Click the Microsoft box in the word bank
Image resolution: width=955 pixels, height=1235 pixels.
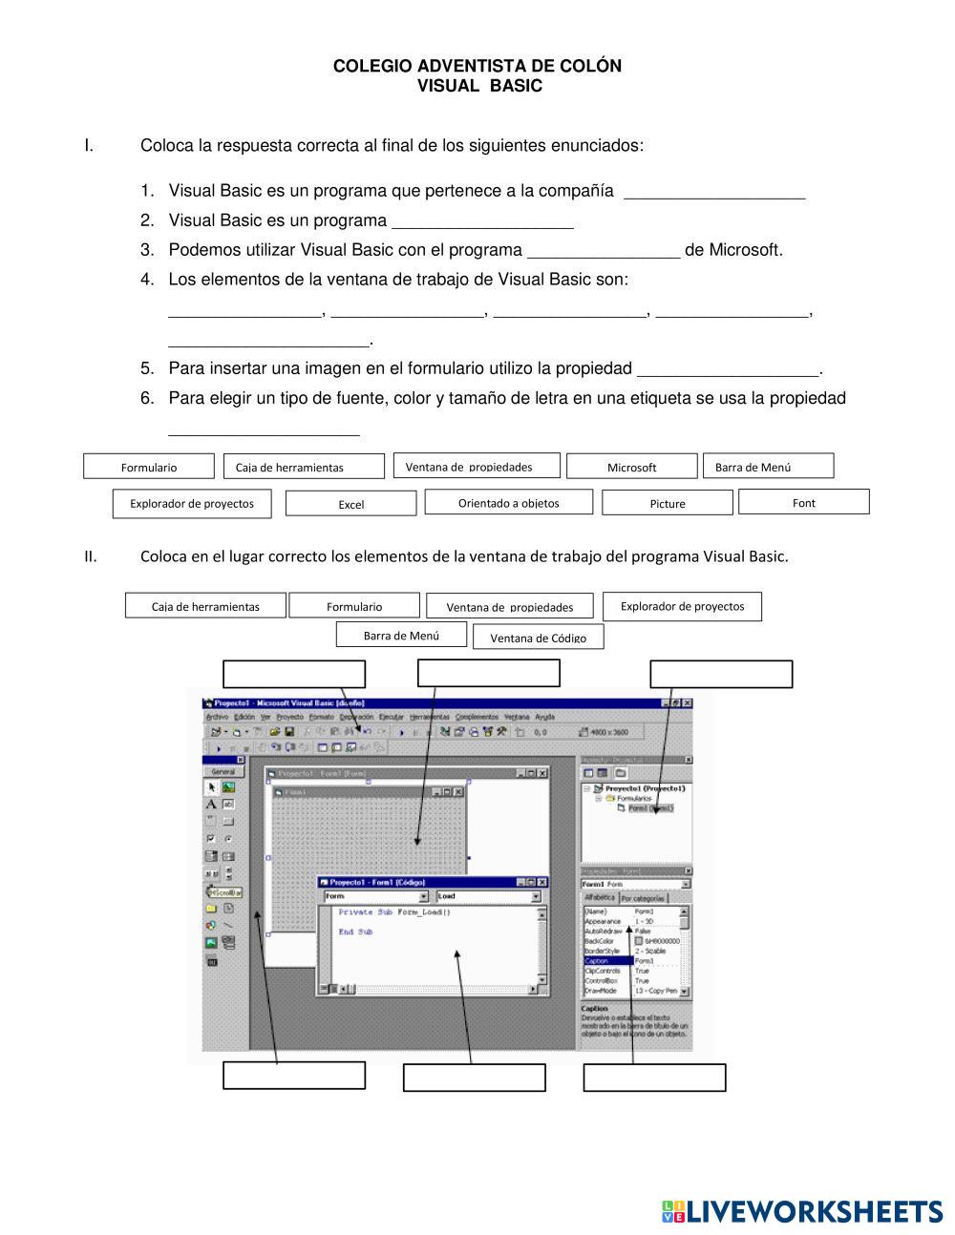(x=631, y=466)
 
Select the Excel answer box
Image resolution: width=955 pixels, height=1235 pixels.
(x=350, y=503)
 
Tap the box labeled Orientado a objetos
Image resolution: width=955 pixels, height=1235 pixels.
(x=508, y=502)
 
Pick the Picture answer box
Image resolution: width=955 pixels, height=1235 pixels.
(x=667, y=502)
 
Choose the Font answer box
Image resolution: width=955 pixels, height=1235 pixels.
(x=803, y=501)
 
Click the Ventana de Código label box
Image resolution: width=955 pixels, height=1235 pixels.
(x=538, y=637)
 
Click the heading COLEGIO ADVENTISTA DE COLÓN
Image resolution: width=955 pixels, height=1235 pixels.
(x=477, y=66)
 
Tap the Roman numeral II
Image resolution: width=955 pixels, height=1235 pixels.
(x=90, y=556)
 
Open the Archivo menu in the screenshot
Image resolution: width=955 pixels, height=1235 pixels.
(x=217, y=717)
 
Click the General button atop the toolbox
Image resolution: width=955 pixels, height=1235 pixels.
(x=223, y=771)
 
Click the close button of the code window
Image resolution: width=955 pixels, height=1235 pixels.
(x=542, y=882)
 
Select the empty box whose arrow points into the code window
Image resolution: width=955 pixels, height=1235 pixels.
(x=474, y=1078)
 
